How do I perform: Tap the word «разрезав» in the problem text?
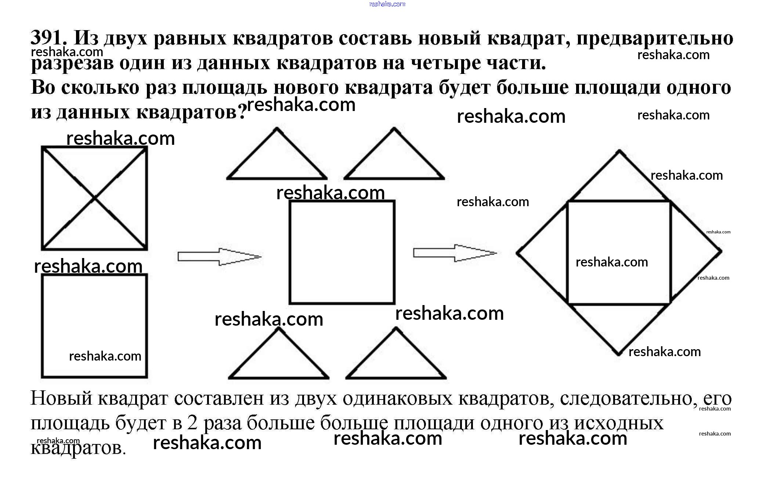(72, 63)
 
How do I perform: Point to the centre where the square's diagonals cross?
(94, 198)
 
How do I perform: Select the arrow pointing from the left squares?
(219, 256)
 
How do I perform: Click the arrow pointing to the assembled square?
(455, 253)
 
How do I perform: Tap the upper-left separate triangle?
(277, 162)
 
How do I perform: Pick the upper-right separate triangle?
(394, 162)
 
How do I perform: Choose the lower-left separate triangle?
(279, 360)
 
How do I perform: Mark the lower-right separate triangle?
(396, 360)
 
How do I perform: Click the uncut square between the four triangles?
(342, 252)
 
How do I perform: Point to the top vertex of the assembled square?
(619, 151)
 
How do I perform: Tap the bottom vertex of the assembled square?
(618, 354)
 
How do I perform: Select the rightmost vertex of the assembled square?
(721, 252)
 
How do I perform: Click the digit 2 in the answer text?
(192, 423)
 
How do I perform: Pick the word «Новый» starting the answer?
(61, 398)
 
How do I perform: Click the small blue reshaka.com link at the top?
(387, 4)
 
